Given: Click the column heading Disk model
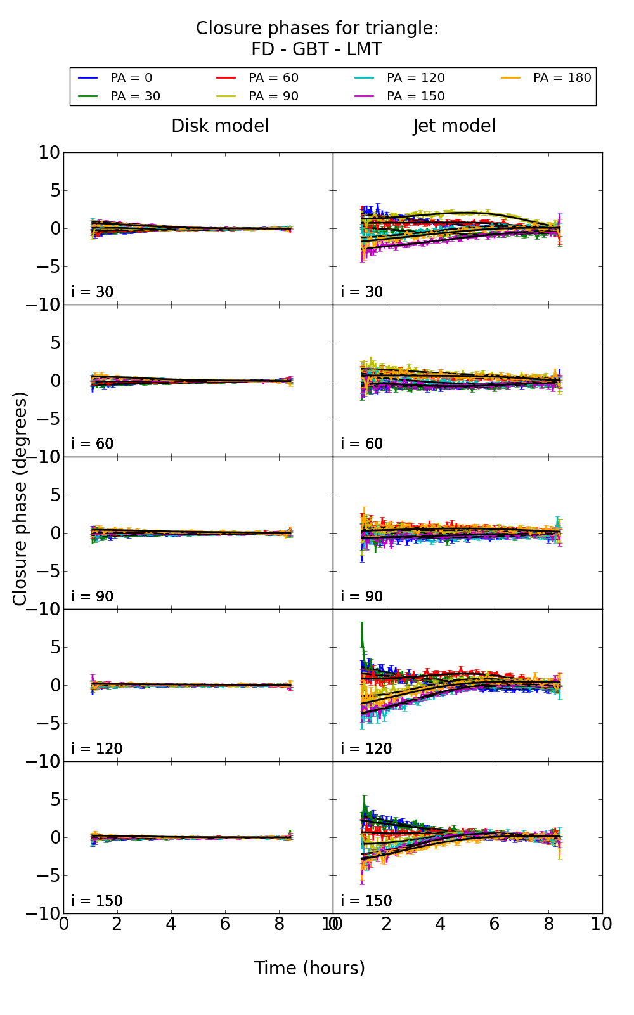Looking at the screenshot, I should click(220, 126).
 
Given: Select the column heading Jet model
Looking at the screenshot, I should click(455, 126).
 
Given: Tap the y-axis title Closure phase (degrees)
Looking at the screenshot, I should click(20, 499).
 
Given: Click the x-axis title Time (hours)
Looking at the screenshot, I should click(309, 968).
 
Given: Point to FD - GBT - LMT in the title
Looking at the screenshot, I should click(316, 49).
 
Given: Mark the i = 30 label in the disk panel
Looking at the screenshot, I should click(93, 292).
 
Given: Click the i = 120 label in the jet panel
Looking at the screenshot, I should click(366, 749).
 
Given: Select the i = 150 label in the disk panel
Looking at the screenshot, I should click(96, 901).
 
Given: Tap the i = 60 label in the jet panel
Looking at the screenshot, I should click(362, 443).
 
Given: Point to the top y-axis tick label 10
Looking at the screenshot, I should click(49, 153).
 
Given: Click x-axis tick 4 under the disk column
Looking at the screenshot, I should click(171, 924).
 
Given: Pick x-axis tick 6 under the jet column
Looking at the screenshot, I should click(495, 924).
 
